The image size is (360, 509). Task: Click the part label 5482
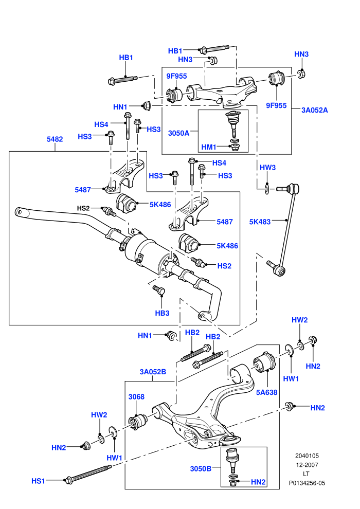(55, 139)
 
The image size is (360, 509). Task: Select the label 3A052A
(315, 110)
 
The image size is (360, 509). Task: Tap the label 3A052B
(153, 372)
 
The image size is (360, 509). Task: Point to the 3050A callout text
(178, 133)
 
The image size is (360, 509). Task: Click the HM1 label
(209, 147)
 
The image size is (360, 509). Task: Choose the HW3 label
(267, 168)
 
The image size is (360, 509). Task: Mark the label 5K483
(260, 222)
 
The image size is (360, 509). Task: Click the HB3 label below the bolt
(162, 313)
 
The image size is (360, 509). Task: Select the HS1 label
(38, 481)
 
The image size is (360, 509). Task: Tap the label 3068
(136, 397)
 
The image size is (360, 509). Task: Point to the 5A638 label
(266, 392)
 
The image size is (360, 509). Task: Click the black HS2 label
(83, 208)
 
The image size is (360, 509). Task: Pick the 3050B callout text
(201, 468)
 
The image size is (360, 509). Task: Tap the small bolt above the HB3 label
(159, 290)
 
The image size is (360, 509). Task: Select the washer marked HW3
(267, 189)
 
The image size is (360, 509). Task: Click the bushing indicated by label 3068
(139, 422)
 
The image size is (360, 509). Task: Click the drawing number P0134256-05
(307, 483)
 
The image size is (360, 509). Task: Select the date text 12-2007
(307, 465)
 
